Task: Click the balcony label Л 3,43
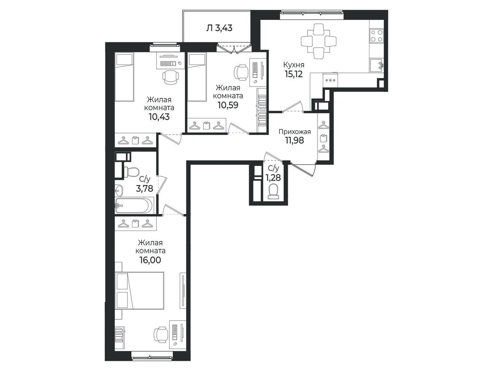click(219, 28)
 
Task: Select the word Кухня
click(294, 65)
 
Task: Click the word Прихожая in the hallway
click(295, 131)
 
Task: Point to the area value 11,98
click(295, 140)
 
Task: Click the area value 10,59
click(228, 105)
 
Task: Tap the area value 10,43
click(159, 117)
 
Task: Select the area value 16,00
click(150, 260)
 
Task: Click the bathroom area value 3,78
click(145, 188)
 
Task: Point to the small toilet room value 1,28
click(273, 178)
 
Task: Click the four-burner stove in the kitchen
click(377, 36)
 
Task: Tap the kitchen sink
click(377, 65)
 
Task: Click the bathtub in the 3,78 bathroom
click(134, 205)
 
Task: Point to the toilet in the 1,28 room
click(273, 191)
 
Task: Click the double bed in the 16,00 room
click(140, 291)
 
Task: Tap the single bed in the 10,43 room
click(124, 77)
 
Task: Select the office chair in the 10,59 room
click(241, 72)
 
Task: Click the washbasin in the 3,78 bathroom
click(119, 190)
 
